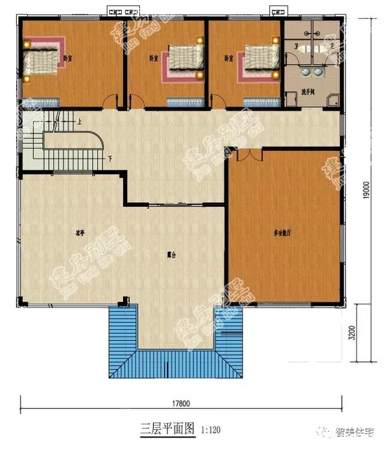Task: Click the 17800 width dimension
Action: [x=179, y=403]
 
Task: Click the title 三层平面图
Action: [x=168, y=429]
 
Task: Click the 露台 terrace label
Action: [x=171, y=255]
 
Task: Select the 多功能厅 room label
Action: [x=282, y=233]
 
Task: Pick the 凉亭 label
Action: [x=80, y=232]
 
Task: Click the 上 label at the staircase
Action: [x=79, y=121]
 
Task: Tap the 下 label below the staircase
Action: [x=110, y=159]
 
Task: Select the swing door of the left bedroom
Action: [x=110, y=102]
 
